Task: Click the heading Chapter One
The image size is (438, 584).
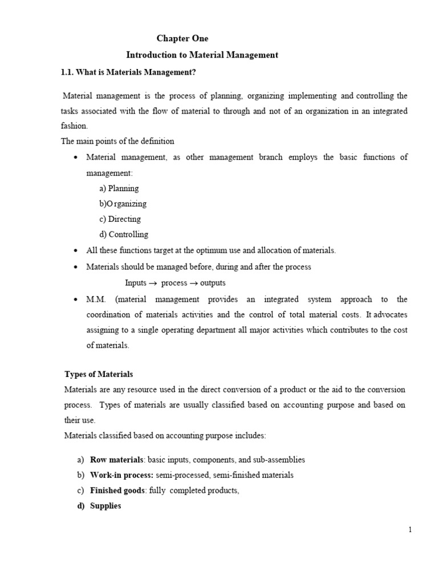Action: tap(182, 39)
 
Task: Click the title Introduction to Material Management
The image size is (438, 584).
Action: tap(202, 55)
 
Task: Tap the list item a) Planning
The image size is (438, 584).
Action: tap(119, 188)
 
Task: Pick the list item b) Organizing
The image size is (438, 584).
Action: tap(123, 204)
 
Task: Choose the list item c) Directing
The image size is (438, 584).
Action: tap(120, 219)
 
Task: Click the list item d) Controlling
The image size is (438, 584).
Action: tap(123, 234)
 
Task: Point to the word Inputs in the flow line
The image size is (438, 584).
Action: tap(136, 283)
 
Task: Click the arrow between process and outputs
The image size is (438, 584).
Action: tap(193, 283)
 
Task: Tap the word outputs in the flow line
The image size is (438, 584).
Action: tap(212, 283)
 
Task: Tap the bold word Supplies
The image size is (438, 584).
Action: tap(106, 506)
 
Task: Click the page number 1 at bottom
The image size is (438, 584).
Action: tap(410, 530)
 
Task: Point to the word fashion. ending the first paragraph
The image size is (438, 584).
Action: tap(74, 126)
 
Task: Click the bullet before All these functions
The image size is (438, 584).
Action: tap(76, 251)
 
